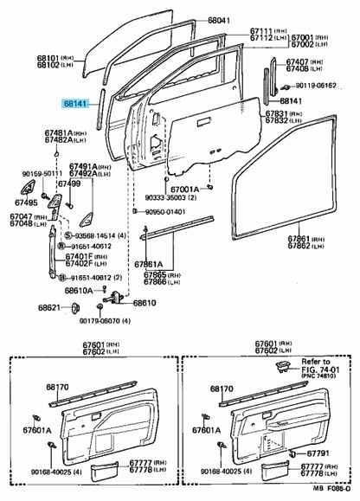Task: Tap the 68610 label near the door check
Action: pos(145,303)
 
